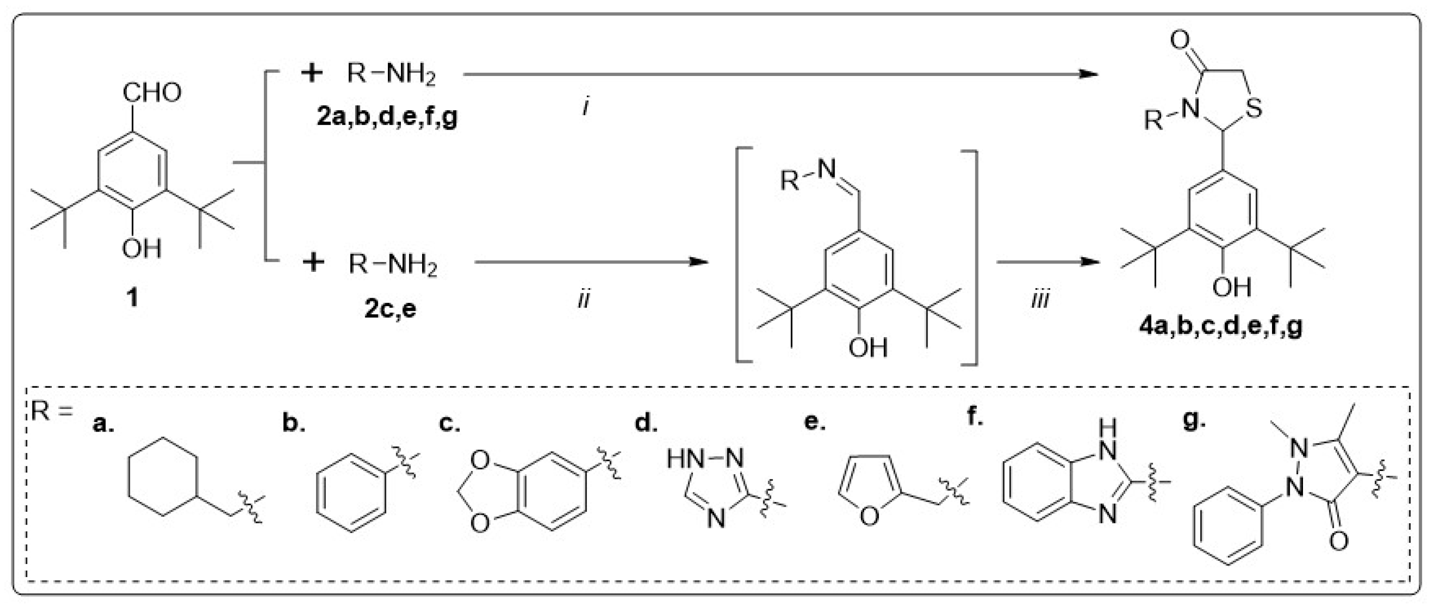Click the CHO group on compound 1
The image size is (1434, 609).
pyautogui.click(x=151, y=93)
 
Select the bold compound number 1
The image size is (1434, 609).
pyautogui.click(x=132, y=297)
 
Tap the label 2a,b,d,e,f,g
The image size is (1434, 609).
pyautogui.click(x=387, y=118)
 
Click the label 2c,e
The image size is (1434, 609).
pyautogui.click(x=390, y=308)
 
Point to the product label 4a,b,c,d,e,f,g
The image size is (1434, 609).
pyautogui.click(x=1221, y=326)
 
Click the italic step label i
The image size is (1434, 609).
pyautogui.click(x=586, y=106)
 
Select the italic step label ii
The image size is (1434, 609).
pyautogui.click(x=583, y=300)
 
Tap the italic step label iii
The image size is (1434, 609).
pyautogui.click(x=1039, y=300)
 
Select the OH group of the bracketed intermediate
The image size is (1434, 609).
pyautogui.click(x=868, y=348)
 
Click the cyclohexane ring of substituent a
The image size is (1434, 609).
pyautogui.click(x=162, y=477)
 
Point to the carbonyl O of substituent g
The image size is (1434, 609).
pyautogui.click(x=1339, y=540)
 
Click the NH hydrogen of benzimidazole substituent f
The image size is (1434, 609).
pyautogui.click(x=1107, y=428)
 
